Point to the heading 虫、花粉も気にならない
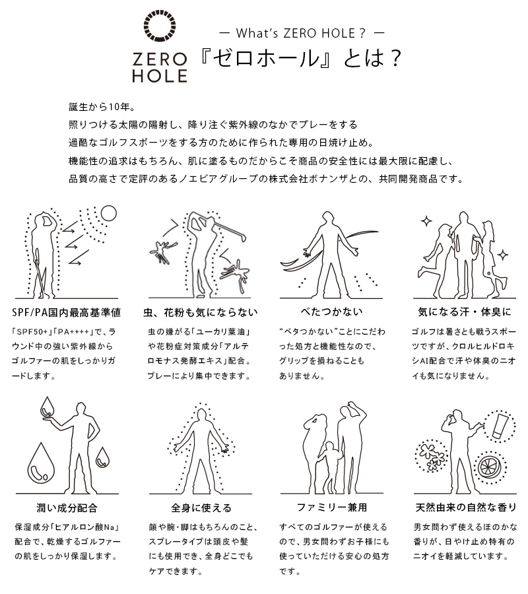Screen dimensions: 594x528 point(200,312)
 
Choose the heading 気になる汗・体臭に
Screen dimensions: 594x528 point(461,312)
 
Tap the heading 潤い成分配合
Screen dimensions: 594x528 point(66,508)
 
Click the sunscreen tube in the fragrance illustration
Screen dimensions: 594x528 point(498,423)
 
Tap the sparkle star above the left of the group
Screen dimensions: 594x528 point(426,221)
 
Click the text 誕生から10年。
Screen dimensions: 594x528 point(102,107)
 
